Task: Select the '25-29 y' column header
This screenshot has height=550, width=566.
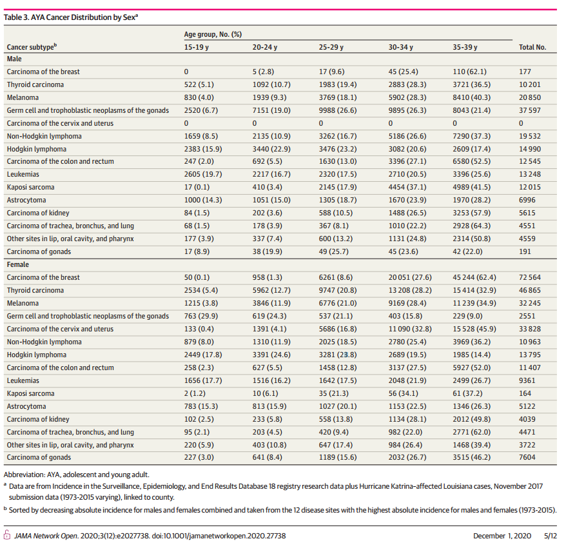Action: (331, 47)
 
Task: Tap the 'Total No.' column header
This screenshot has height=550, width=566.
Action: (532, 47)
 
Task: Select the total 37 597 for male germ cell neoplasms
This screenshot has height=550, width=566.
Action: (532, 110)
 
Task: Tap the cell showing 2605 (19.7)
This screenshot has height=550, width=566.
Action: (201, 175)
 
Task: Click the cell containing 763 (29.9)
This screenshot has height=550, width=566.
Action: (200, 316)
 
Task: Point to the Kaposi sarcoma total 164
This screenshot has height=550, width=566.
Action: (525, 393)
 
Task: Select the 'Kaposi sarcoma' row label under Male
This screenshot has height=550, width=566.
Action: (30, 188)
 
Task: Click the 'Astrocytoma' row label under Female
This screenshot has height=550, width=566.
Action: (26, 406)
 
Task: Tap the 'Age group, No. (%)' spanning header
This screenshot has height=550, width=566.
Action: (214, 33)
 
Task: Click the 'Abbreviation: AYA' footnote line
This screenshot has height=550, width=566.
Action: (73, 473)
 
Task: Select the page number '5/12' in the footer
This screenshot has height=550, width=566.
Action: (550, 536)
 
